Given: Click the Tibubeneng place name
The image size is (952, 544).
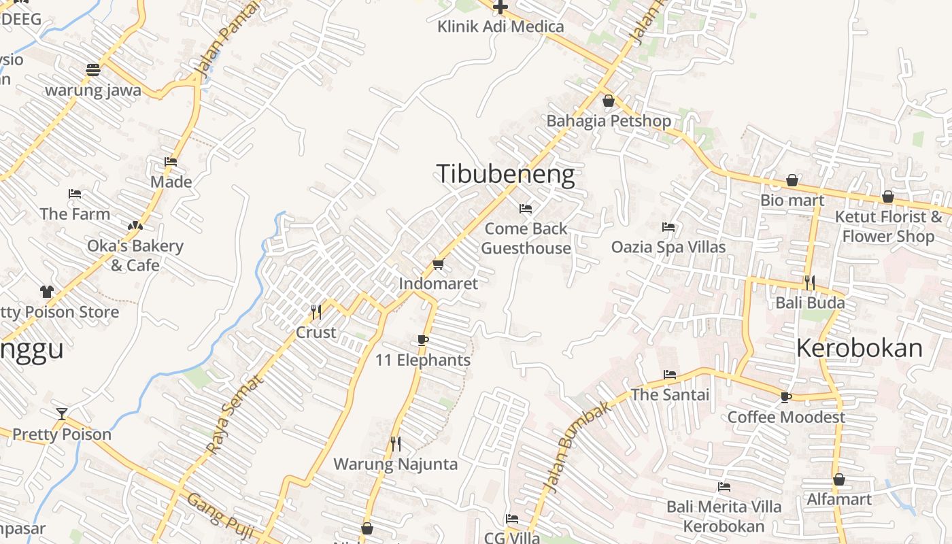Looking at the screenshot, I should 505,175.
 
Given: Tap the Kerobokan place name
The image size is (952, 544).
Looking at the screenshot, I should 859,348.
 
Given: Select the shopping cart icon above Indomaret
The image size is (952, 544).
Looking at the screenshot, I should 438,264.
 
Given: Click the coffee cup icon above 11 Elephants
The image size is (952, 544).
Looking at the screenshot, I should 423,340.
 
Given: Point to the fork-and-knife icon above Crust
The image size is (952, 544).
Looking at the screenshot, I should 316,311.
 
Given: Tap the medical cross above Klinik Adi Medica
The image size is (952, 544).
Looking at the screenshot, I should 500,7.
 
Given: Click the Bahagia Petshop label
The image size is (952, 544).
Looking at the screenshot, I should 609,121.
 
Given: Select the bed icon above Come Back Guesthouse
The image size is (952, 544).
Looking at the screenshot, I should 526,208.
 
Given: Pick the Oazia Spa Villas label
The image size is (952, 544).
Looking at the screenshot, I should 668,247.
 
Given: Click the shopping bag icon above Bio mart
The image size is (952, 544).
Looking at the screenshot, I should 792,180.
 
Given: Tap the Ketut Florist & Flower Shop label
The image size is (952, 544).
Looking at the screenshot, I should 888,226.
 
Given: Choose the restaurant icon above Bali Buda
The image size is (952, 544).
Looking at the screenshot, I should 810,282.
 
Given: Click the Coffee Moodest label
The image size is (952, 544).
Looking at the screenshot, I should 786,417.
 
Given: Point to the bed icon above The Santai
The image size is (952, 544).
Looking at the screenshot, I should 670,375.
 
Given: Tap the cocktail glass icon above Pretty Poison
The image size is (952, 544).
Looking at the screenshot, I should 62,413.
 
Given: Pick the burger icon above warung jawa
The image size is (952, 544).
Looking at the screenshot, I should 93,70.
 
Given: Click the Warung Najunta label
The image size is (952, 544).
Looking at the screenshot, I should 395,464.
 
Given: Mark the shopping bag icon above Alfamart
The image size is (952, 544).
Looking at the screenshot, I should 839,479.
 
